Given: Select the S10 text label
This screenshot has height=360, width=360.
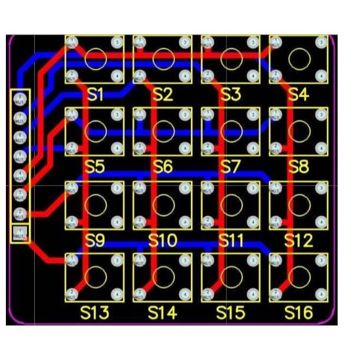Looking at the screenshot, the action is tap(163, 240).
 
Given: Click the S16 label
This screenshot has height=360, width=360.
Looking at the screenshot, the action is tap(299, 312).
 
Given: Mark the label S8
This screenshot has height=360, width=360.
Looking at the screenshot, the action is tap(299, 167).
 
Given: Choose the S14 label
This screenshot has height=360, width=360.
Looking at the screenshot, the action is tap(163, 312).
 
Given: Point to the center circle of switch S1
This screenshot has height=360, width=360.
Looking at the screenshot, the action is tap(95, 58).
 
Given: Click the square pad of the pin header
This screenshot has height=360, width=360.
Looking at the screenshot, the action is tap(21, 233).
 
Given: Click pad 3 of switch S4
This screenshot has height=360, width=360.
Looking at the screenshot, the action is tap(321, 42).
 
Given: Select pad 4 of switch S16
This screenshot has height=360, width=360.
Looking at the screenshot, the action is tap(321, 292).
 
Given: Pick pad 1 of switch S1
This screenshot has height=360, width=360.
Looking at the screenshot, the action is tap(72, 42).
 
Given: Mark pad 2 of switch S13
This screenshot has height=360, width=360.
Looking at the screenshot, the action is tap(72, 292).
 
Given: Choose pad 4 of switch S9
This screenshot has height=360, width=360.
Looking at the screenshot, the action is tap(117, 220).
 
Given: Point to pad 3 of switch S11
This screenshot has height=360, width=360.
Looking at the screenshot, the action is tap(253, 188).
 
